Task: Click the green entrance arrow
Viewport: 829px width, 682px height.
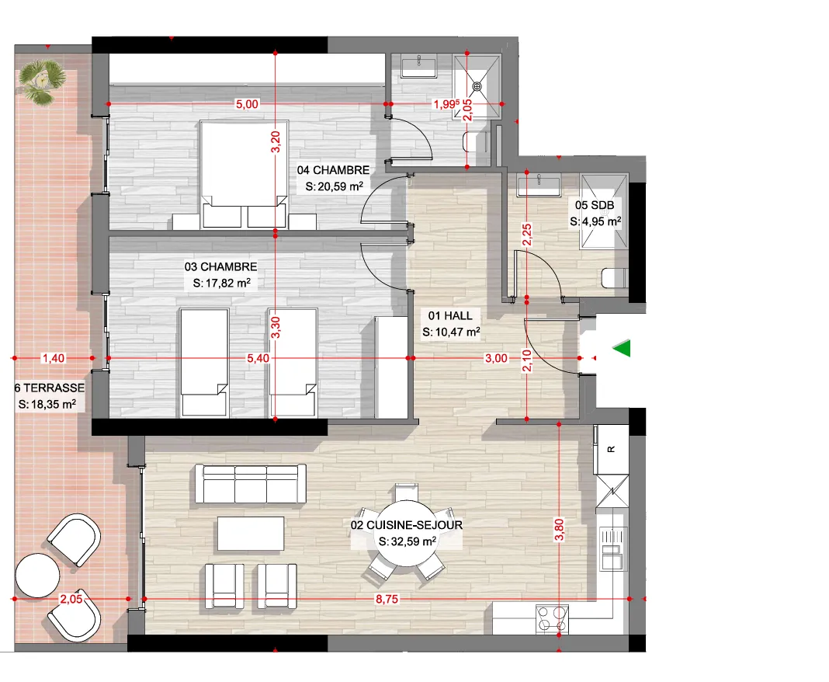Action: [623, 348]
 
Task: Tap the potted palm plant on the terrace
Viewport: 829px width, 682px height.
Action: [42, 81]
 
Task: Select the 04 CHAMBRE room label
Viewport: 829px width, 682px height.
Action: [333, 170]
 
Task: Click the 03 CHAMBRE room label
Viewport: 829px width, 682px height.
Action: [220, 266]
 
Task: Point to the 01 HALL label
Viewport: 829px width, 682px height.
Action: [450, 316]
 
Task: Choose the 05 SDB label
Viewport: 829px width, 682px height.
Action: [595, 205]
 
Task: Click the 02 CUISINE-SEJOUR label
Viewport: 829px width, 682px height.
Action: [406, 525]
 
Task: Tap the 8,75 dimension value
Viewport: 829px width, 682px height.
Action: [387, 599]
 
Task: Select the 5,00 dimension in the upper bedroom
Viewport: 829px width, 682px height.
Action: [247, 104]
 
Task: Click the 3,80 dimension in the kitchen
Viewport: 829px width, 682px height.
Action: [559, 530]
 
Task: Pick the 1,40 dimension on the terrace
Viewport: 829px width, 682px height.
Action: [54, 358]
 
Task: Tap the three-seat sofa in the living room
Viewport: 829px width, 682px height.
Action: [250, 484]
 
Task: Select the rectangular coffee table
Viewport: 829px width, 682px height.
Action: [251, 534]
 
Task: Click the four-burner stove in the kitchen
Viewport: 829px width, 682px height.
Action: [553, 619]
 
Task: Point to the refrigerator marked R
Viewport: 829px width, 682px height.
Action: [611, 449]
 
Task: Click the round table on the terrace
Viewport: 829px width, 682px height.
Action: [37, 576]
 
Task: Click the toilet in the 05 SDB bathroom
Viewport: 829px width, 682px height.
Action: [614, 278]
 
